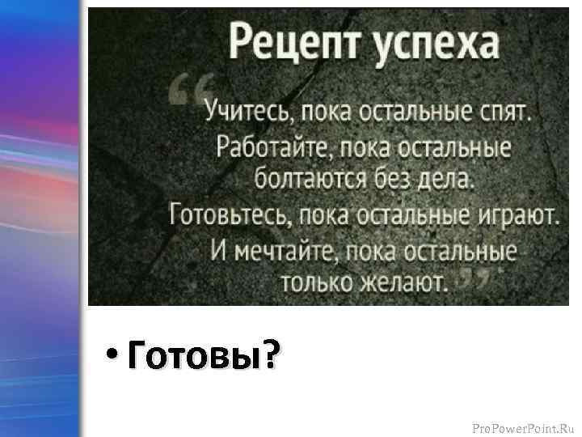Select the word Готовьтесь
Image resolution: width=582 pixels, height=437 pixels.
pyautogui.click(x=228, y=215)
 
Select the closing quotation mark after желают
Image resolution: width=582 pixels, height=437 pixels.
pyautogui.click(x=476, y=278)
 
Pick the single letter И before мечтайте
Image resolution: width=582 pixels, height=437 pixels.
pyautogui.click(x=220, y=250)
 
